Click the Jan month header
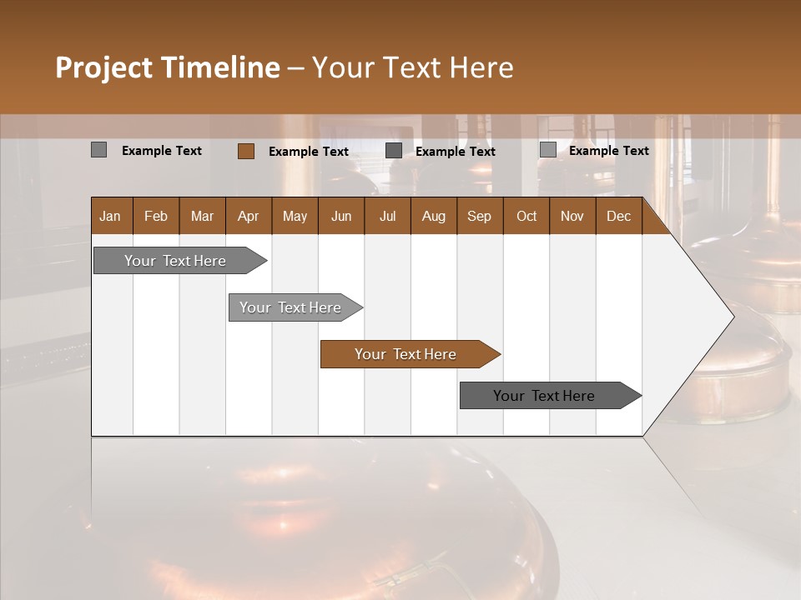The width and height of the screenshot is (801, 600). coord(110,216)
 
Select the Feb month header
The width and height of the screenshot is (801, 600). coord(156,216)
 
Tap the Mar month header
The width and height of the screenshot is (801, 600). coord(202,216)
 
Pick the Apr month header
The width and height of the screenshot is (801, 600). coord(248,216)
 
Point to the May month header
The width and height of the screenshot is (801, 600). coord(295,216)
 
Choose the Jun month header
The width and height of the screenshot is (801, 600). coord(341,216)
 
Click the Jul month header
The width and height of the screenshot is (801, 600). coord(387,216)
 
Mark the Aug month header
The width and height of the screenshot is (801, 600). coord(433,216)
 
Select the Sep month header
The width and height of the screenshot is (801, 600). coord(479,216)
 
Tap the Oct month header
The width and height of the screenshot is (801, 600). coord(526,216)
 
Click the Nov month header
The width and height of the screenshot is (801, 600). coord(572,216)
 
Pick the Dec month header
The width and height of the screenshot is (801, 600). coord(618,216)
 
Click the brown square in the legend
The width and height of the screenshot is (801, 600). coord(246,151)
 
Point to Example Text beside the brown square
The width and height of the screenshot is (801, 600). coord(309,152)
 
